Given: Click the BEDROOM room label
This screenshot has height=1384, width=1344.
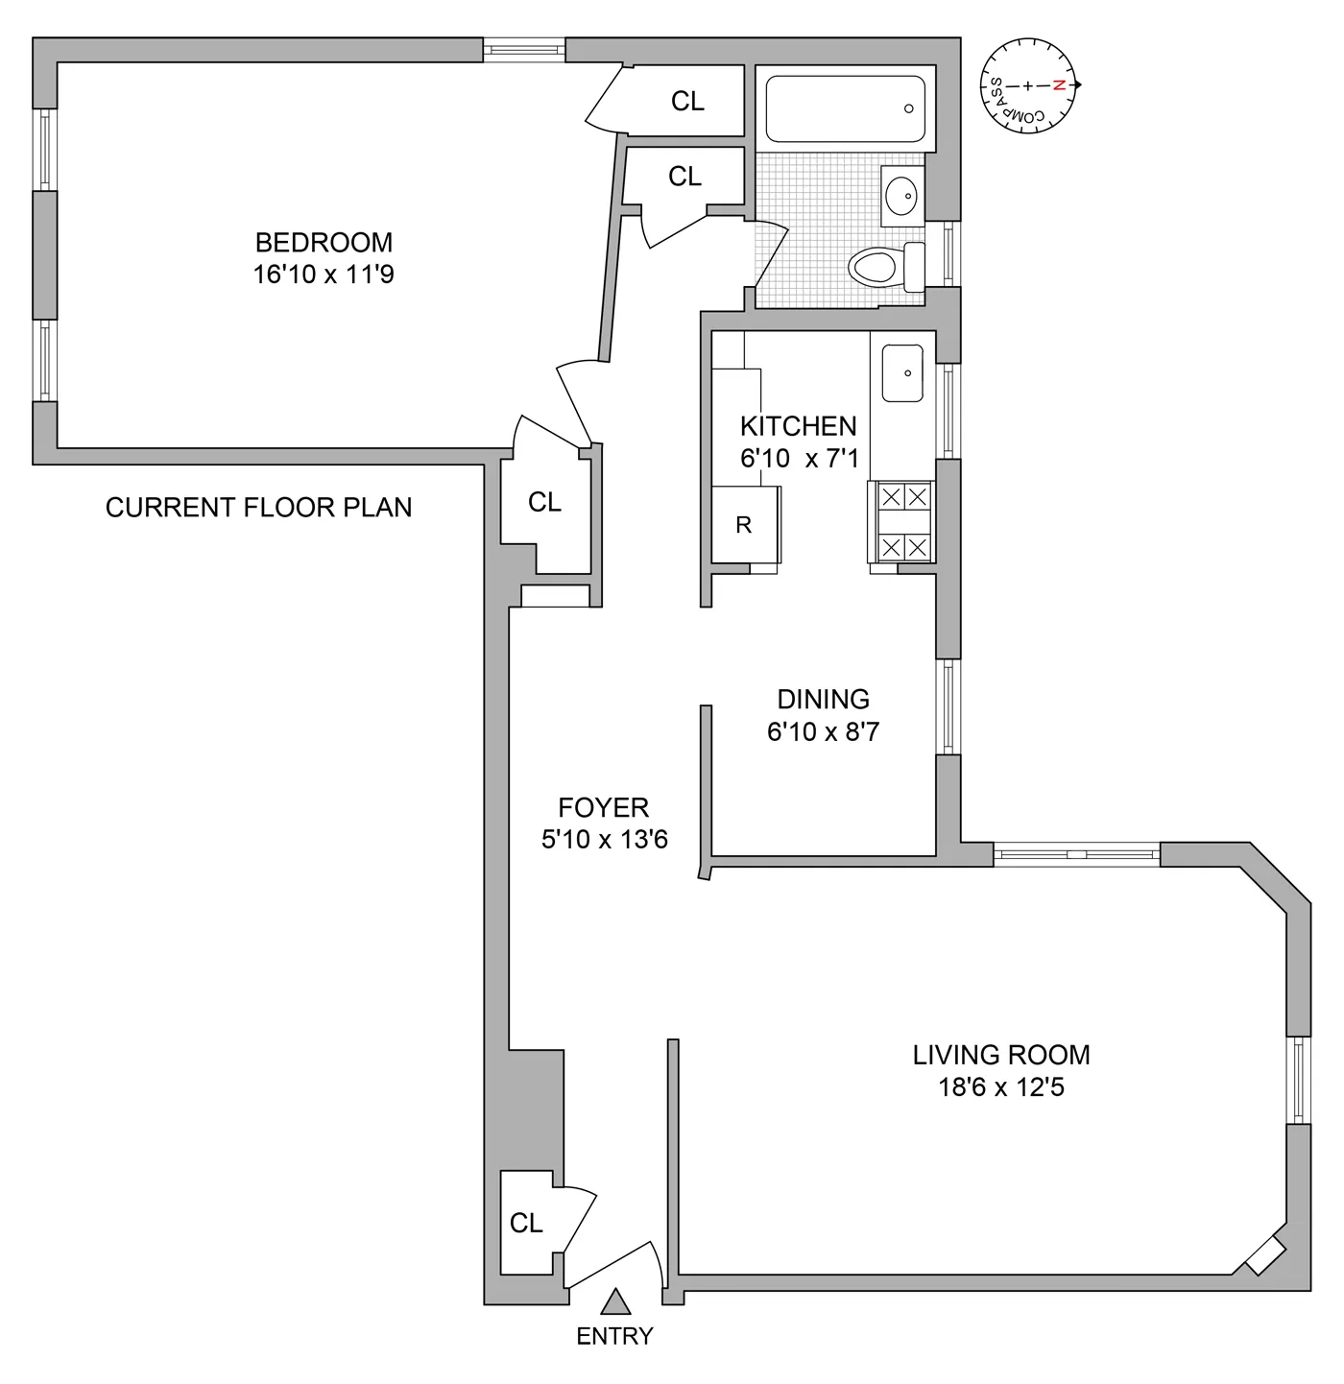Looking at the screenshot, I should click(x=324, y=242).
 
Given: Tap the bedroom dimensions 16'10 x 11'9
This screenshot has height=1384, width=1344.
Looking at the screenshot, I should click(x=324, y=275).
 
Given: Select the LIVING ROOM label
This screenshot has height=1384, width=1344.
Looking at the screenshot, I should click(x=1000, y=1055).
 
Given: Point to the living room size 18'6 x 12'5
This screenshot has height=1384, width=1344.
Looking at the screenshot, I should click(x=1000, y=1087).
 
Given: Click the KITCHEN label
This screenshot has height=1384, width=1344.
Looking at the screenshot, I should click(x=798, y=426).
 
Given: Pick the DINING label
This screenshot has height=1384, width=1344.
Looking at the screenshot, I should click(x=823, y=699).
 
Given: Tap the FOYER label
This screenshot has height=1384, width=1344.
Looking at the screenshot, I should click(x=603, y=807).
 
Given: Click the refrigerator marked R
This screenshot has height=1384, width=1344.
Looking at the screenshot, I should click(x=744, y=525).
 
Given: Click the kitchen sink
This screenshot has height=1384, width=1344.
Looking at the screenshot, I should click(x=902, y=372).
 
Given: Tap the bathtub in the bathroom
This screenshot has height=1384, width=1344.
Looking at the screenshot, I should click(x=845, y=108).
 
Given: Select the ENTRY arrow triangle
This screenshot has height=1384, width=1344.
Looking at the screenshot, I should click(x=615, y=1301).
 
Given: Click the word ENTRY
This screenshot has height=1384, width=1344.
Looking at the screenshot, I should click(x=614, y=1336).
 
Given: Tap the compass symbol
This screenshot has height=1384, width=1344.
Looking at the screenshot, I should click(x=1029, y=85).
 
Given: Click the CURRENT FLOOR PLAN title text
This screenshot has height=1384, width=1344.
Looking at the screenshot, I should click(x=258, y=507).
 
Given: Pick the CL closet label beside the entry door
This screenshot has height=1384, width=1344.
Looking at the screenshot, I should click(x=526, y=1223).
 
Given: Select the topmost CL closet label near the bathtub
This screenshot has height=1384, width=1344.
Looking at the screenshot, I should click(x=687, y=101).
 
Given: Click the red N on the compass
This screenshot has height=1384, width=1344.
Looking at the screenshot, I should click(x=1060, y=85).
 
